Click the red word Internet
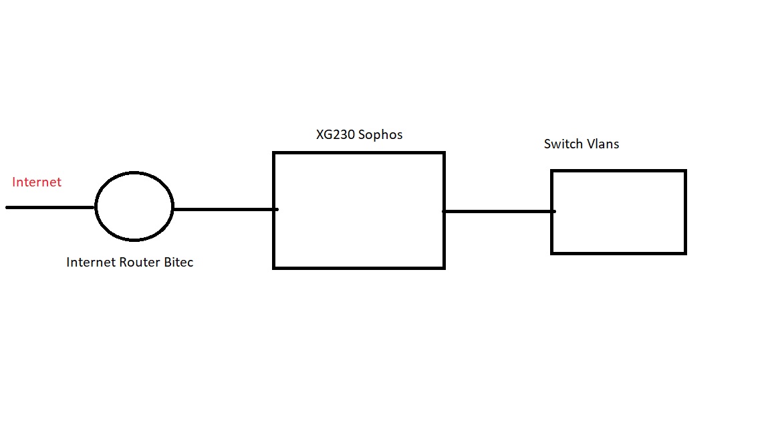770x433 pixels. [37, 182]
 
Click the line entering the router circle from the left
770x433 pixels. [51, 207]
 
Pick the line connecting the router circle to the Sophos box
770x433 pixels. [224, 209]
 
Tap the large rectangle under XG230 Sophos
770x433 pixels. [359, 210]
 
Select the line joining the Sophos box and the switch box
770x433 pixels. [498, 211]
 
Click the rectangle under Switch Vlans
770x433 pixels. [618, 212]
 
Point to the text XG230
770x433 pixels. [336, 134]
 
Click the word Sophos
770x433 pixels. [381, 134]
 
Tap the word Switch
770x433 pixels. [563, 144]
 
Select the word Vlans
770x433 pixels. [602, 144]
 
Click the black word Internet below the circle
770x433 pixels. [89, 263]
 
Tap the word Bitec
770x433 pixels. [178, 263]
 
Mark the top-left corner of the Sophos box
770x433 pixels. [274, 153]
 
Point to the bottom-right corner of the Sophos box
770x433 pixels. [444, 268]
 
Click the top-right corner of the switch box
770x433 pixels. [685, 171]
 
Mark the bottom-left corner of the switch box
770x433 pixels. [552, 253]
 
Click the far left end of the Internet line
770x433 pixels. [7, 207]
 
